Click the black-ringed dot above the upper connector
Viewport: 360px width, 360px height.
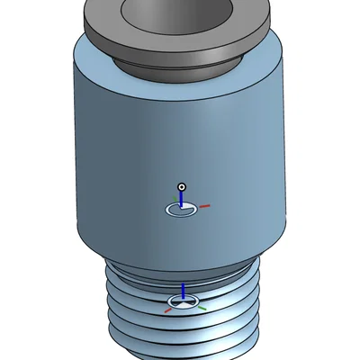coord(182,186)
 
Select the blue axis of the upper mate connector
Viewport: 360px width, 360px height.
coord(182,198)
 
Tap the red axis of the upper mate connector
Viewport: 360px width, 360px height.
coord(203,206)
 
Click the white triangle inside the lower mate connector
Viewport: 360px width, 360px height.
coord(182,305)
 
